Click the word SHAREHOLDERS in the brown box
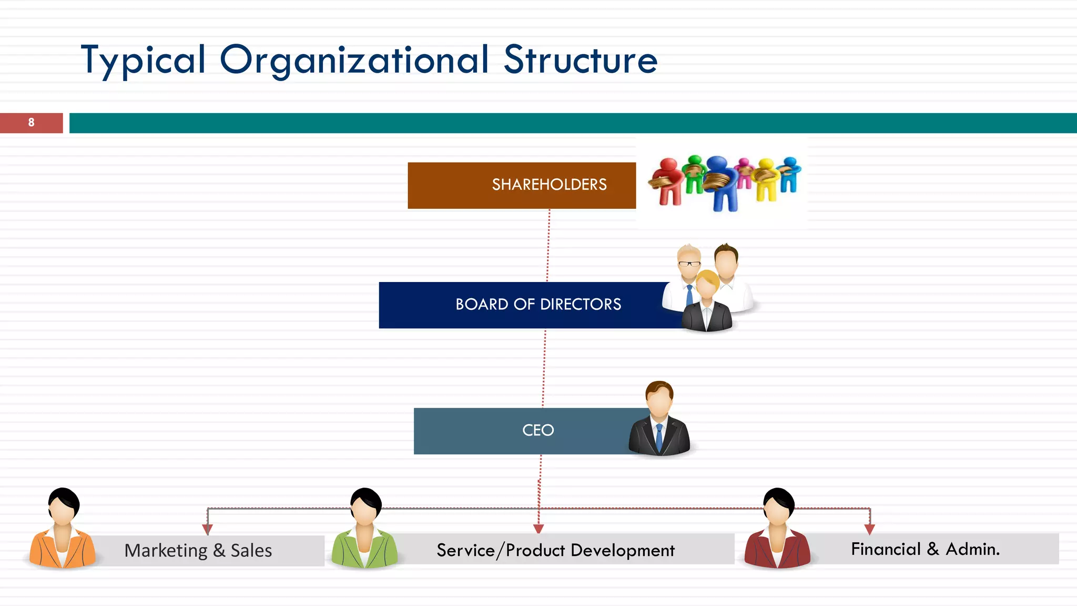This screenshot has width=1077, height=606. pyautogui.click(x=549, y=185)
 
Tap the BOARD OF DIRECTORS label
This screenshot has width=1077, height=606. pyautogui.click(x=538, y=304)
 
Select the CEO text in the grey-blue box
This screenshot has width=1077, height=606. pyautogui.click(x=538, y=430)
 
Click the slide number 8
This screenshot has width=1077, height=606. pyautogui.click(x=31, y=123)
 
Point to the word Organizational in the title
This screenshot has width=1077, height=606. pyautogui.click(x=354, y=60)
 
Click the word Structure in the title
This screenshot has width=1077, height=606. pyautogui.click(x=581, y=60)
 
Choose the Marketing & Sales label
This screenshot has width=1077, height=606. pyautogui.click(x=198, y=551)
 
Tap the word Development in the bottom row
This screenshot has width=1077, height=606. pyautogui.click(x=622, y=550)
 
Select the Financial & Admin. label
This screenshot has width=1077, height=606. pyautogui.click(x=925, y=549)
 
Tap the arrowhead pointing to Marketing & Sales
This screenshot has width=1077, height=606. pyautogui.click(x=208, y=529)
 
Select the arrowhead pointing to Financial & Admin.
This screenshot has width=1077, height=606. pyautogui.click(x=870, y=529)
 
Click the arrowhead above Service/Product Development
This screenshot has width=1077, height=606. pyautogui.click(x=538, y=528)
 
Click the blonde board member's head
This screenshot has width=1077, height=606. pyautogui.click(x=707, y=284)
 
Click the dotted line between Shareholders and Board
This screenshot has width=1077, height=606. pyautogui.click(x=548, y=245)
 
